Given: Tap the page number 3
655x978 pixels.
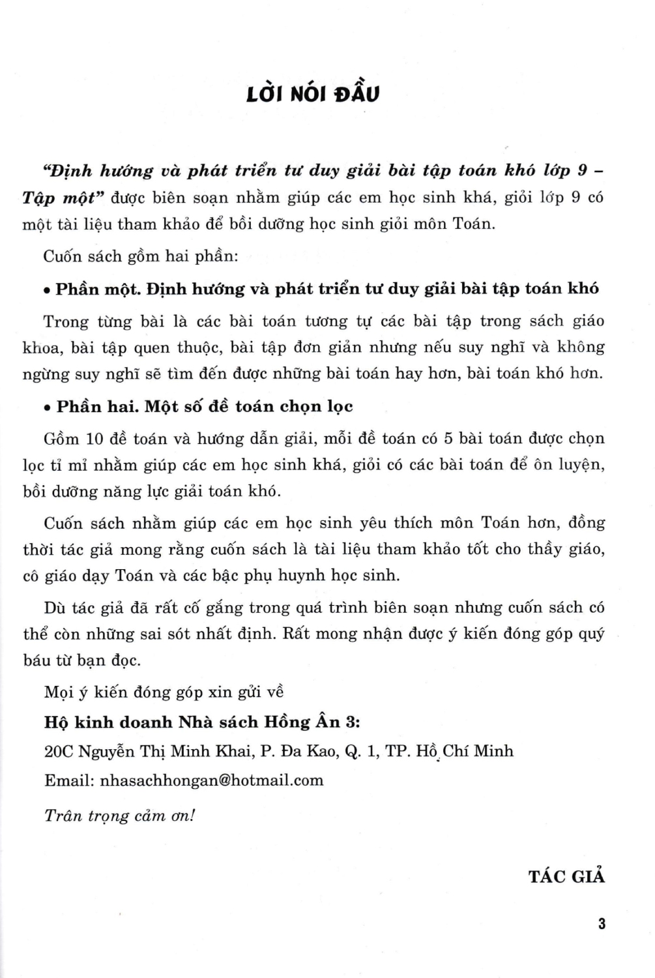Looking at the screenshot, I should (x=602, y=923).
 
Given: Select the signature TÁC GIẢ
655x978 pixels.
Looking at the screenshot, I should (x=566, y=876).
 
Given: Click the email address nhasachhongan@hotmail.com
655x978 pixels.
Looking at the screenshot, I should (x=212, y=780).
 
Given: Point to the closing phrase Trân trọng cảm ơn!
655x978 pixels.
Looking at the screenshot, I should (x=119, y=816).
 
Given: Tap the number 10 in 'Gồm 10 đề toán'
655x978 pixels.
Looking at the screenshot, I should (x=95, y=439).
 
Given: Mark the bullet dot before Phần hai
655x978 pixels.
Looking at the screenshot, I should (x=47, y=408).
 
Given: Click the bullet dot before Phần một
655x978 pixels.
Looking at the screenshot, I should (x=47, y=290).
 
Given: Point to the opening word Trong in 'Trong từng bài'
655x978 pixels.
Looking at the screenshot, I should (x=65, y=321).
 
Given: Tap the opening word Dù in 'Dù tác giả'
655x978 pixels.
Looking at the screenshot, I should (x=55, y=608).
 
